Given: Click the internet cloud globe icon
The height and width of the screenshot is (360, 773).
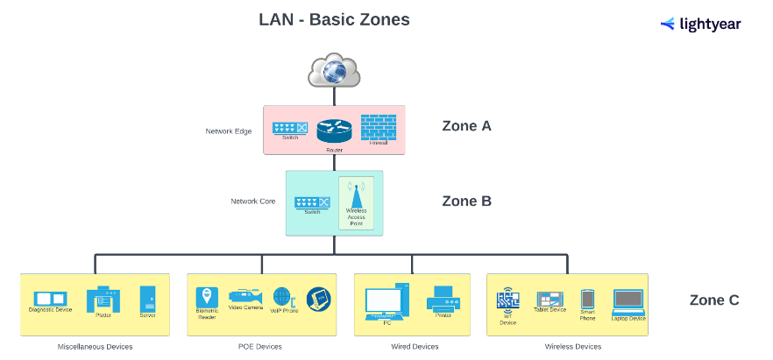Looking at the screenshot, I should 334,70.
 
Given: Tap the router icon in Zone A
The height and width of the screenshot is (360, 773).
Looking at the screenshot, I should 334,131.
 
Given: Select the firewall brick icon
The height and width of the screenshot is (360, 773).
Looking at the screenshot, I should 379,128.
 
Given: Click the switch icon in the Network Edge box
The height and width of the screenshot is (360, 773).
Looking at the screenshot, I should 289,128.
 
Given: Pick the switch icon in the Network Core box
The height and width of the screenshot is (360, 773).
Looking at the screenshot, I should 312,202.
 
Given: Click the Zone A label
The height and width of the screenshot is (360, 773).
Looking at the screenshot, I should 466,125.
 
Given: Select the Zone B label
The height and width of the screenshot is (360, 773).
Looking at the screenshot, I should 466,201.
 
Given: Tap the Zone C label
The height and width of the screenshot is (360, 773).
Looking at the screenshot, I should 714,300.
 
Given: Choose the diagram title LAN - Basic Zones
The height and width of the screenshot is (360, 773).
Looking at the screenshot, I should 334,19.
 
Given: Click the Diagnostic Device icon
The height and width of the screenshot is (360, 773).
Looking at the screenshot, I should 50,299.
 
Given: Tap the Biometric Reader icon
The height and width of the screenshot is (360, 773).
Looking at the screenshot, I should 207,296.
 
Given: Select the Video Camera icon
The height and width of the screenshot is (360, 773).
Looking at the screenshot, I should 245,296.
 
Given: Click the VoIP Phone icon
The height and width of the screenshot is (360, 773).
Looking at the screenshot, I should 281,296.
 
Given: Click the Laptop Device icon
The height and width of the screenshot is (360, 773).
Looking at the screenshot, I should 628,300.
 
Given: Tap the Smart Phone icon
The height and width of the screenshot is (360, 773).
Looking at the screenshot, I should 587,299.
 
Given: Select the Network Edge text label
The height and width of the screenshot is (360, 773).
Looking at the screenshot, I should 229,131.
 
